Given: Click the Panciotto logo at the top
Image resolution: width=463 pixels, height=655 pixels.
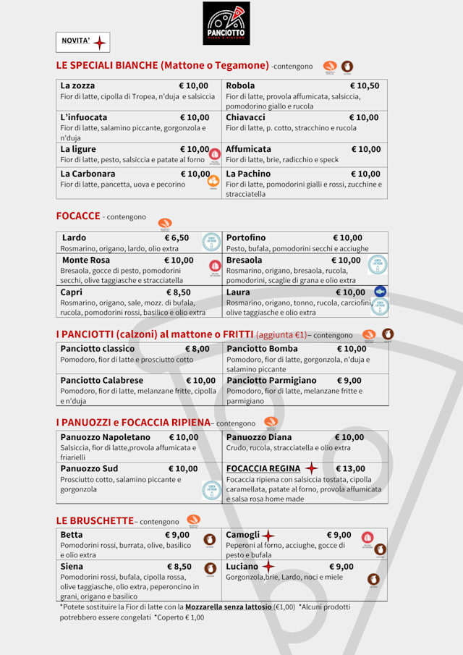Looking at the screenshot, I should point(226,23).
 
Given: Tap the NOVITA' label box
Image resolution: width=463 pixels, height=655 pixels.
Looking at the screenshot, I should point(82,42).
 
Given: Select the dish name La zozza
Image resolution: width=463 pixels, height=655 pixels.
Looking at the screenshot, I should point(77,85).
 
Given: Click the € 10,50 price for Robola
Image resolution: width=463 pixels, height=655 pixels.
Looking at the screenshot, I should point(364,85).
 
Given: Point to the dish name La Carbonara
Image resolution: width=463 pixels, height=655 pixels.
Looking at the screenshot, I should point(88,174).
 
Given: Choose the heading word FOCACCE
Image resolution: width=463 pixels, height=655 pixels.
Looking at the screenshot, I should point(78,216).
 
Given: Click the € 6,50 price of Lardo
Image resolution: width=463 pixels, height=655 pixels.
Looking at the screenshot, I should point(177,237).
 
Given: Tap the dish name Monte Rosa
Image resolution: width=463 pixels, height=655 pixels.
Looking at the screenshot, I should point(86,260).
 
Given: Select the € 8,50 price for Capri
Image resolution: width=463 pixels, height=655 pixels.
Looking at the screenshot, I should point(178,292).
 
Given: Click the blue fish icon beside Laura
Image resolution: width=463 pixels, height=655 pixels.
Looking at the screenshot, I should point(380,292).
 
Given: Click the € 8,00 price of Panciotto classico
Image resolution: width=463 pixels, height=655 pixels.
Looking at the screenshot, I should point(197,349).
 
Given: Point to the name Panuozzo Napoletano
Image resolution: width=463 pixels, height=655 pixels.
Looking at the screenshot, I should point(106,437).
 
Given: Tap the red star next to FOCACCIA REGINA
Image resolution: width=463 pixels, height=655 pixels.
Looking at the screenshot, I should point(311,468).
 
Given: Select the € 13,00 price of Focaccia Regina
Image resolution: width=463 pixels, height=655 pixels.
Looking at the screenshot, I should point(350,468).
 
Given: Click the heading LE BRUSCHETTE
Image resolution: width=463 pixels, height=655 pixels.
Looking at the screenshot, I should point(95,520).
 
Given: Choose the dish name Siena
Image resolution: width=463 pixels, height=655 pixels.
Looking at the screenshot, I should point(72,566).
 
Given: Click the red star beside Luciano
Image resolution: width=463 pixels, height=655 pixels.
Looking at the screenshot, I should point(268,566).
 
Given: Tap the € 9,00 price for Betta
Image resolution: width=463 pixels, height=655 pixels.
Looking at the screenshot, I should point(177,535).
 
